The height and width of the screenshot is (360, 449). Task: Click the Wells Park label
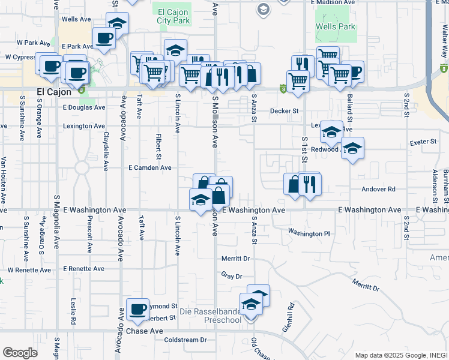tap(336, 27)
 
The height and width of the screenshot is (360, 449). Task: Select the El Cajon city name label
tap(54, 92)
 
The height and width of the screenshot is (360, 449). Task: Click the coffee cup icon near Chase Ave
tap(138, 309)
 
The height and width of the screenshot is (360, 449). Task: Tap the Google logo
tap(20, 353)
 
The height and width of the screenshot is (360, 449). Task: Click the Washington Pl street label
tap(309, 233)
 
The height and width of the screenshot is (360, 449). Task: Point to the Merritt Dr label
tap(235, 258)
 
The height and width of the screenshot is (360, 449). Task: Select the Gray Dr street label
tap(231, 276)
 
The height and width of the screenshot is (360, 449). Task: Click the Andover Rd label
tap(379, 189)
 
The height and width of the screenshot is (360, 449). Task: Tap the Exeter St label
tap(423, 142)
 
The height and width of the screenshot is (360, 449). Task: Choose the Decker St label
tap(284, 111)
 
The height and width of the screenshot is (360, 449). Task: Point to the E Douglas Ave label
tap(83, 108)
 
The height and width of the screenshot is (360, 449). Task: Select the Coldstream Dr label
tap(185, 340)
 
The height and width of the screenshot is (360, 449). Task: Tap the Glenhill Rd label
tap(288, 317)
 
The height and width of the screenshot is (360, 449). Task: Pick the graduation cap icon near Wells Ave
tap(118, 25)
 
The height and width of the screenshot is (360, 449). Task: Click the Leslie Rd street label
tap(73, 312)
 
